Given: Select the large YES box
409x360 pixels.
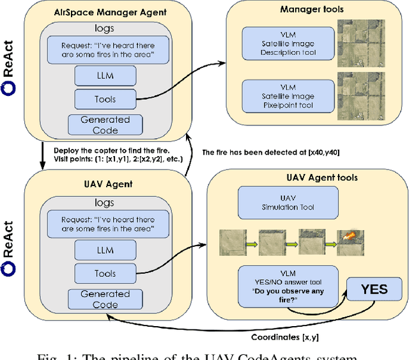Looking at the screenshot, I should click(374, 289).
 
